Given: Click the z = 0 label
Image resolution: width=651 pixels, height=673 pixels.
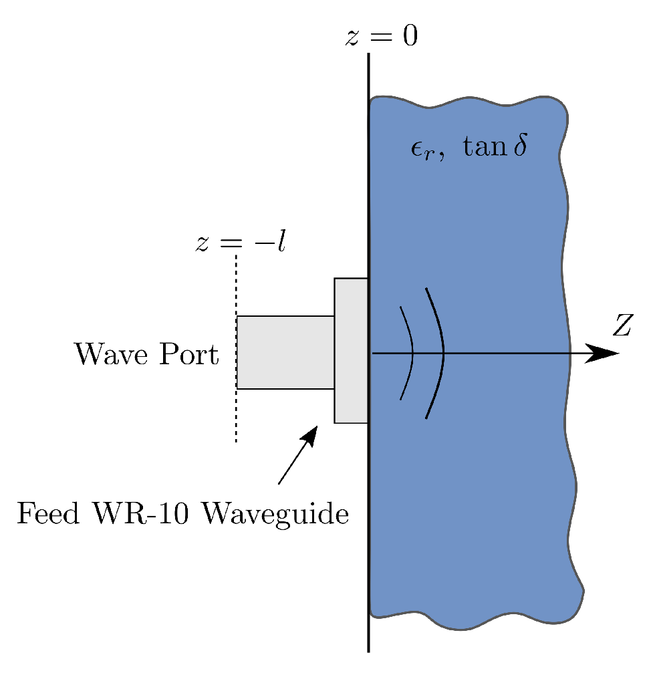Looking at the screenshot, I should coord(382,37).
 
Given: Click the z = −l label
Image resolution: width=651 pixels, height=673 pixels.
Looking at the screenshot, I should coord(241,242).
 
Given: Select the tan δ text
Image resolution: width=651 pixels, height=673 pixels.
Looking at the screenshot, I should coord(493,146).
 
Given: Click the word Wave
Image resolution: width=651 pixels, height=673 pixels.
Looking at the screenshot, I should coord(109,354).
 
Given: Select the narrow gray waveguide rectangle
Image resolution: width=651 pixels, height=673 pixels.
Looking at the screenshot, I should coord(285,352).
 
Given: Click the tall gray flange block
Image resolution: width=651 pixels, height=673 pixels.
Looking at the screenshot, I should coord(352,350).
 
